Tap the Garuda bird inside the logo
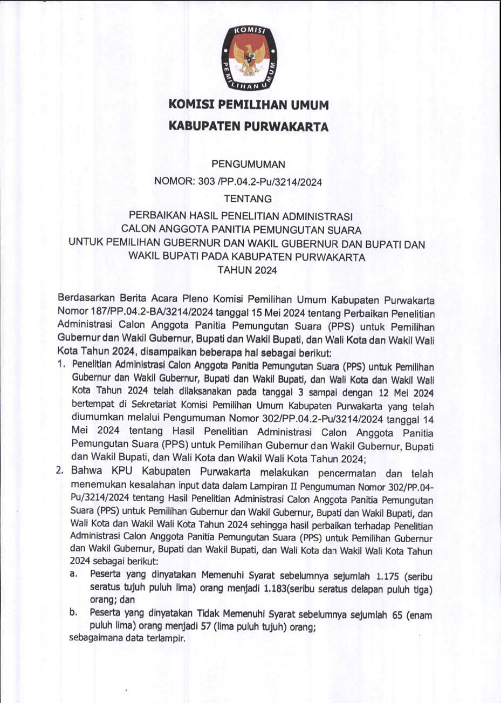click(249, 57)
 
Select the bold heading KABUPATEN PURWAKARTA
click(249, 127)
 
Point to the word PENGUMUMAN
click(249, 163)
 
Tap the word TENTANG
click(248, 199)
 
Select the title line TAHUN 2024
click(248, 270)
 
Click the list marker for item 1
click(61, 365)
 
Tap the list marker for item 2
click(61, 470)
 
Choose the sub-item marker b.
click(73, 612)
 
